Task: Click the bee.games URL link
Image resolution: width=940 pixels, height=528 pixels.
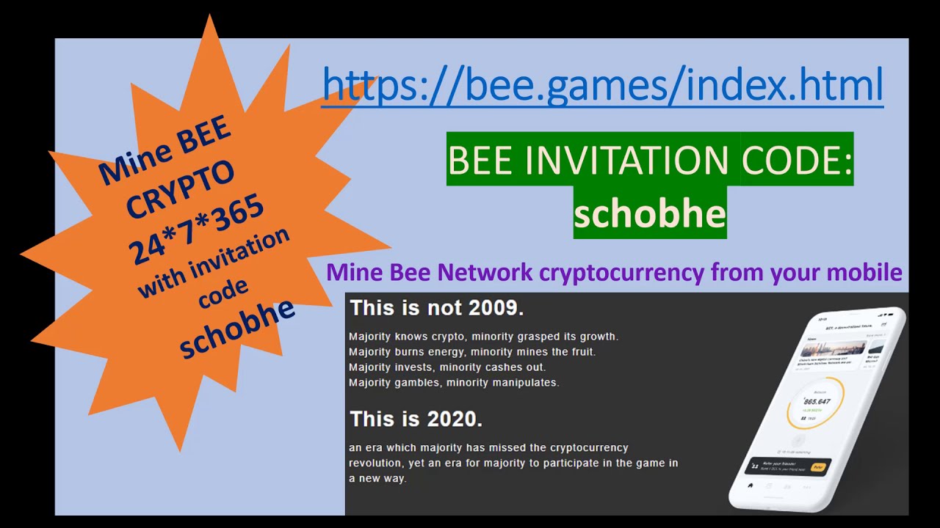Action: point(602,86)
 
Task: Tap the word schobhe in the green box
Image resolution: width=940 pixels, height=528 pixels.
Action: point(650,213)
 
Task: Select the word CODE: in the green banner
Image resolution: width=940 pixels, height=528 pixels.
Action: point(796,159)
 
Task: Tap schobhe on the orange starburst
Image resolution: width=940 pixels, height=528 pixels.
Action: point(236,328)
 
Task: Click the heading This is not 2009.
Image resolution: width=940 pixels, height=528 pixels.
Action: point(437,308)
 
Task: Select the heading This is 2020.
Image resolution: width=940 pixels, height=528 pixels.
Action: point(416,419)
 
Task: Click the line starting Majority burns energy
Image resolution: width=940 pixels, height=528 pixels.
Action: point(472,352)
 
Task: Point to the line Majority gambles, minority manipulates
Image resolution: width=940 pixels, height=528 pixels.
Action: point(454,382)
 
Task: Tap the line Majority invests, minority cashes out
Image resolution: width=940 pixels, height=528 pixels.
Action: point(447,367)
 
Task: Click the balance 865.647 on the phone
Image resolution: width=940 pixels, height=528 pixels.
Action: point(817,402)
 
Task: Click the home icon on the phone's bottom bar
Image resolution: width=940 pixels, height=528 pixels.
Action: point(750,485)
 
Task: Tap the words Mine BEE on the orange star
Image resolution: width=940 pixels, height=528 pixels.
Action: point(165,151)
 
